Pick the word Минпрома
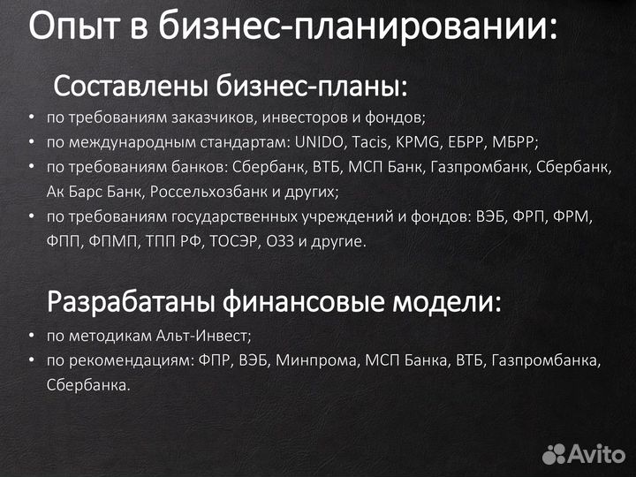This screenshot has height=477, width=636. pyautogui.click(x=310, y=360)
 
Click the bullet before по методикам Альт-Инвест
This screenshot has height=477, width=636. pyautogui.click(x=31, y=337)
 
